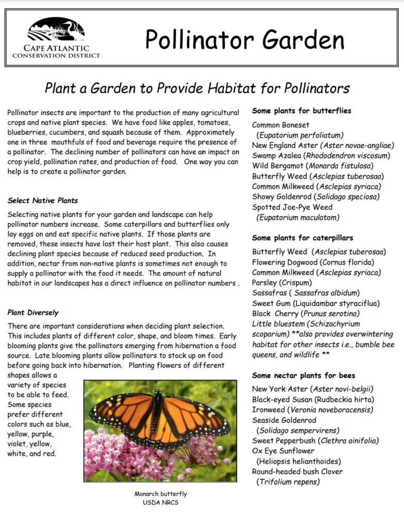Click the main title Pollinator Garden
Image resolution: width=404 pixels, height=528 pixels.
(x=244, y=39)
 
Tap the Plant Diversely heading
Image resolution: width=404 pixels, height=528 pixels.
(x=33, y=312)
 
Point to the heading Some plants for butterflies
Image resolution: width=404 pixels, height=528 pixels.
(x=301, y=111)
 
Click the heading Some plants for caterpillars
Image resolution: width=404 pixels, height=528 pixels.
(x=302, y=238)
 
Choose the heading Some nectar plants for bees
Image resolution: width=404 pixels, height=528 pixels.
(x=303, y=375)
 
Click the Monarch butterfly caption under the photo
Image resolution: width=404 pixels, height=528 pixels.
(x=160, y=493)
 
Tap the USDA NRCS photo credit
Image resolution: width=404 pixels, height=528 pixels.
(x=160, y=502)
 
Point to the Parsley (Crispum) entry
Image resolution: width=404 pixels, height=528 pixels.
(x=282, y=283)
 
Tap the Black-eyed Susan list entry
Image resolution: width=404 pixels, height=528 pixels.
(x=313, y=400)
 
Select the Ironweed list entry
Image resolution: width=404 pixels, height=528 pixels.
(x=312, y=410)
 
